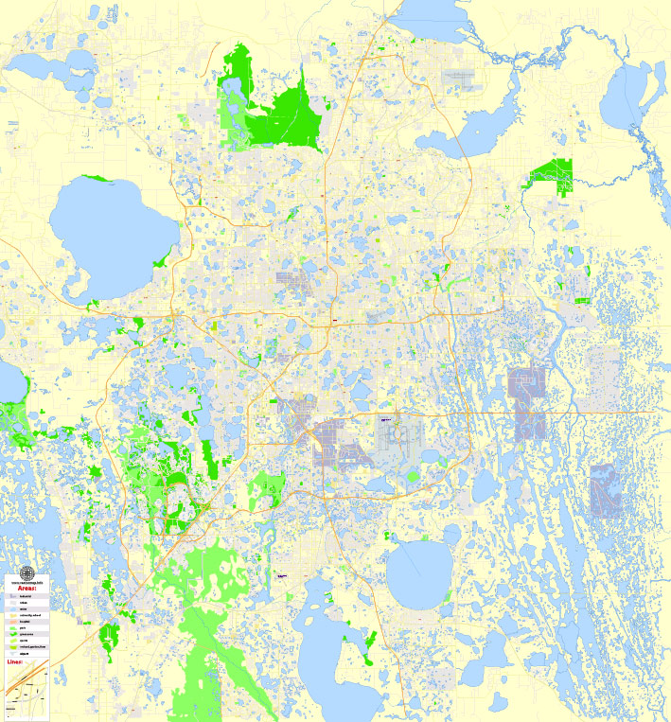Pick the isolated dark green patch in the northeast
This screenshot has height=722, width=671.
(553, 174)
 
